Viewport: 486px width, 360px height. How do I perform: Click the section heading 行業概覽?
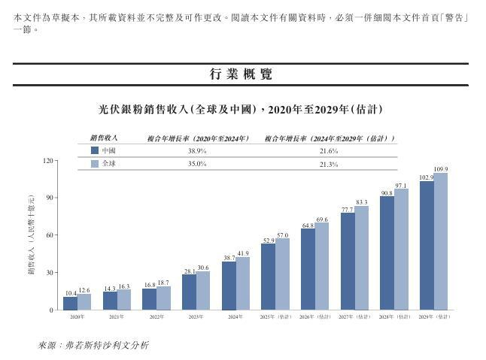(241, 74)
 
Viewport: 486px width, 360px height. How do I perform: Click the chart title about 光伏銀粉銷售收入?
(241, 109)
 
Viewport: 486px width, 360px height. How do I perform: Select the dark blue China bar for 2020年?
(70, 303)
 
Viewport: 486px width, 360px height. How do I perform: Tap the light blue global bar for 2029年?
(441, 241)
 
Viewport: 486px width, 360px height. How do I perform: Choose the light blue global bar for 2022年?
(163, 298)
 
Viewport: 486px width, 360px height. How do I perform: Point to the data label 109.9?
(442, 169)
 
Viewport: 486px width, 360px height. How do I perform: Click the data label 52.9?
(268, 241)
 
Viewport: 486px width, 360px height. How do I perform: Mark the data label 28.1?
(190, 271)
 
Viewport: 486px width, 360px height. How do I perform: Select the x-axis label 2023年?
(196, 318)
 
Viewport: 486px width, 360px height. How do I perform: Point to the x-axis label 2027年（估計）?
(354, 318)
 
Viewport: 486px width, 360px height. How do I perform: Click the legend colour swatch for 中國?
(95, 151)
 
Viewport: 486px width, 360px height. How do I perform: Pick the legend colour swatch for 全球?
(95, 163)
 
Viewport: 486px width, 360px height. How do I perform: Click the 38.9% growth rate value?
(197, 151)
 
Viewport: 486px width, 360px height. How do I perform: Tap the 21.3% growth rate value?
(328, 163)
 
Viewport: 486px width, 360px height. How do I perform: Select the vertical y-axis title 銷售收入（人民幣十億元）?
(31, 235)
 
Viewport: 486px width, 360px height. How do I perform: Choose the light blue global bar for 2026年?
(321, 266)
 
